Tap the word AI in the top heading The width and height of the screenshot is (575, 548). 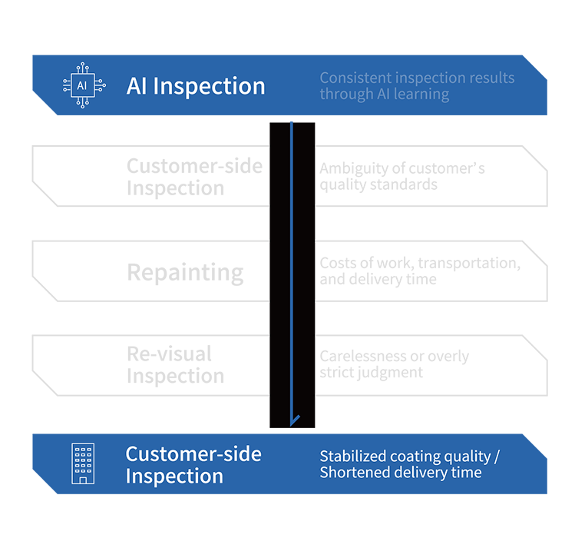(137, 86)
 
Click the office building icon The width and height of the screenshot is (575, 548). (82, 463)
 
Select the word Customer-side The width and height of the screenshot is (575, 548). (193, 454)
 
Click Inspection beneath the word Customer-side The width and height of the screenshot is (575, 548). (174, 476)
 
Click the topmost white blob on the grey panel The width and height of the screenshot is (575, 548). (82, 175)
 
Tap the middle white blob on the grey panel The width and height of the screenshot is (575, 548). (83, 269)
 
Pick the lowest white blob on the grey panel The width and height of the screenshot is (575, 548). (82, 363)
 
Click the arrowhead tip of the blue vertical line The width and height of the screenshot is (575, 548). (292, 422)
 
